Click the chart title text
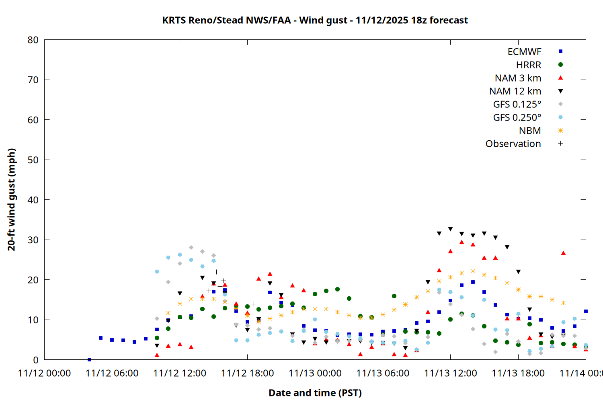point(315,20)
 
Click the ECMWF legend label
point(524,52)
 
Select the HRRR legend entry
point(529,65)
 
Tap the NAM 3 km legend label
point(518,78)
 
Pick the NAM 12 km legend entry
point(515,91)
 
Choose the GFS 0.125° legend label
point(517,105)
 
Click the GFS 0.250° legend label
point(517,117)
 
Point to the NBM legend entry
point(530,131)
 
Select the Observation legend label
point(513,144)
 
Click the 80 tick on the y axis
point(33,40)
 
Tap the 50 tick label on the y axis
point(33,160)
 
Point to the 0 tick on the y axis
point(36,360)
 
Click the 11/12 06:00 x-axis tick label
point(112,373)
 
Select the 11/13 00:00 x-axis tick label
point(315,373)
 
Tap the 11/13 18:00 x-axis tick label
point(518,373)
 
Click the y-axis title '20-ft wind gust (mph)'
point(12,199)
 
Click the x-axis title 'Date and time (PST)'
point(315,393)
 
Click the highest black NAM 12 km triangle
point(450,229)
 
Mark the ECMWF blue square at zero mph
point(89,359)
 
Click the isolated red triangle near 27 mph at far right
point(563,253)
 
